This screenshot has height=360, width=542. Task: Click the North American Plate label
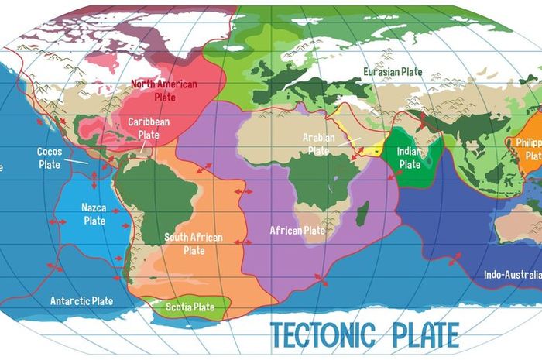(x=163, y=89)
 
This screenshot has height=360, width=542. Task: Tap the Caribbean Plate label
(x=149, y=128)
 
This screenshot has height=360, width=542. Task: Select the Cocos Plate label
(x=50, y=158)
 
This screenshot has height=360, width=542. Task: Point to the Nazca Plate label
(x=94, y=214)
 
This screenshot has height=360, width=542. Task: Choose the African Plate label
(x=297, y=230)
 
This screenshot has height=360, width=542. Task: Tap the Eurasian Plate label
(x=393, y=72)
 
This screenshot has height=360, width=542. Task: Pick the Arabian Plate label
(x=318, y=143)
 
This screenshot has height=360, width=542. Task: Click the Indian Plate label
(x=410, y=158)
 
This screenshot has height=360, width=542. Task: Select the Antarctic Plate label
(x=81, y=300)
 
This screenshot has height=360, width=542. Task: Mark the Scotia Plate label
(x=190, y=307)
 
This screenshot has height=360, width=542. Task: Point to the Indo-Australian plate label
(x=511, y=274)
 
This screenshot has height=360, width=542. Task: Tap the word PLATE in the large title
(x=422, y=334)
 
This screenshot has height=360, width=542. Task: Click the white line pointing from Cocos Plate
(x=76, y=161)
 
